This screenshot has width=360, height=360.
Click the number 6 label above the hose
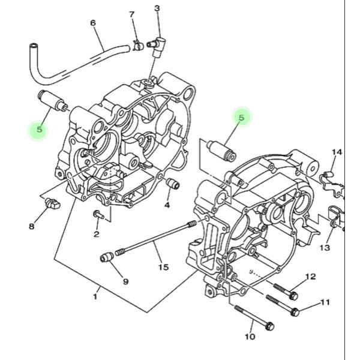pos(93,23)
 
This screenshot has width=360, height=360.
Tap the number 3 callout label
pos(157,8)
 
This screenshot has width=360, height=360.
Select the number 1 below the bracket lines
pos(95,296)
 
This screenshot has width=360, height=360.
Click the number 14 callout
pos(337,152)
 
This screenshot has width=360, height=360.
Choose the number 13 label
pos(325,248)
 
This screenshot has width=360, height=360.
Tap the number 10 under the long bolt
pos(250,337)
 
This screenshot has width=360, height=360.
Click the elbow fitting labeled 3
pos(159,44)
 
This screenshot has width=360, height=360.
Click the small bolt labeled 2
pos(98,214)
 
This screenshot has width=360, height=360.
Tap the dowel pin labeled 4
pos(172,183)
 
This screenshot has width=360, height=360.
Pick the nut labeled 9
pos(107,258)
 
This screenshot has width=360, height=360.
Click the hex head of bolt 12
pos(293,295)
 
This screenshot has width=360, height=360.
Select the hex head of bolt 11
pos(295,311)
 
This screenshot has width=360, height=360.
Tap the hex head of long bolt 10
pos(269,326)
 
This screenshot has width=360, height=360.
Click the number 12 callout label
pos(310,277)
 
